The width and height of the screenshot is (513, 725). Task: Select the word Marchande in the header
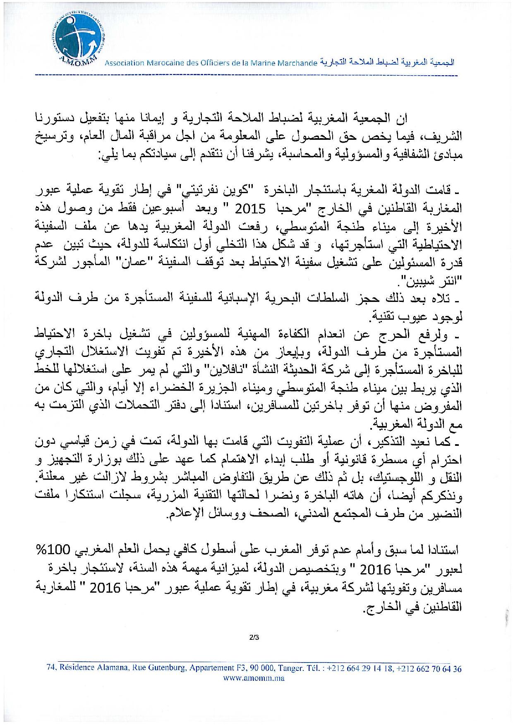click(297, 63)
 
